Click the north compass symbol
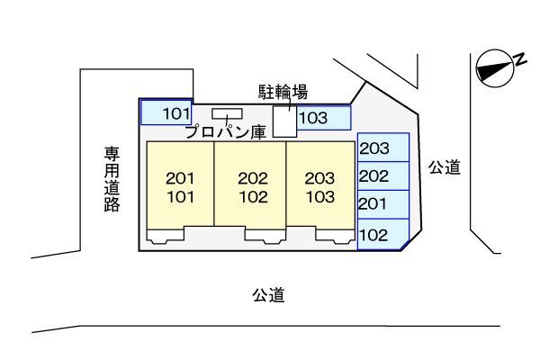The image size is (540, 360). (493, 67)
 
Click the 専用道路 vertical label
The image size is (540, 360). (112, 179)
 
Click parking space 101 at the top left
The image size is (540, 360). (167, 112)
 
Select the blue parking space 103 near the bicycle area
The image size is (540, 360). (323, 118)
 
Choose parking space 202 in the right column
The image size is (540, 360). (383, 176)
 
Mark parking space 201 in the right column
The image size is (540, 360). (383, 204)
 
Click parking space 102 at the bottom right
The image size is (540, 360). (382, 236)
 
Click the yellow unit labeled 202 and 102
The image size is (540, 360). (251, 186)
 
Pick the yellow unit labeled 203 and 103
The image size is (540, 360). (320, 186)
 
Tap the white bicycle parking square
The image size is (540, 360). (284, 122)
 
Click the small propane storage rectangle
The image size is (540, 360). (227, 113)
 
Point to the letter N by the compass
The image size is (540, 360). (519, 58)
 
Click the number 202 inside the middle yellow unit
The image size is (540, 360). (251, 177)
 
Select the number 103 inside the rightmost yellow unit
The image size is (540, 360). (320, 195)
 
